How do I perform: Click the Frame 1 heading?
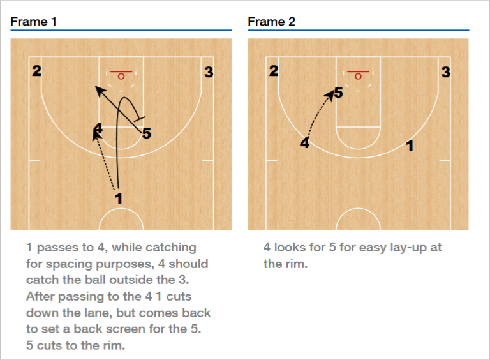(x=34, y=22)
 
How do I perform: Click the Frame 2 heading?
(x=271, y=22)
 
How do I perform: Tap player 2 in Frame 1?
(x=37, y=71)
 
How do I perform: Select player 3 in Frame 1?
(x=209, y=72)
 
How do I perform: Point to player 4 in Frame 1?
(x=97, y=127)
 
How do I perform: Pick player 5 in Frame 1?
(x=146, y=133)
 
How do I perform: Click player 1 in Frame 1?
(x=119, y=199)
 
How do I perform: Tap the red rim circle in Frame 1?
(x=121, y=76)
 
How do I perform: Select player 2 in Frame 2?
(x=274, y=71)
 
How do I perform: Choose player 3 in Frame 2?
(x=446, y=72)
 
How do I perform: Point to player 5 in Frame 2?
(x=338, y=93)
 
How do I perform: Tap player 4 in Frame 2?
(x=305, y=143)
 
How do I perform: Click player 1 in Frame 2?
(x=410, y=146)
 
